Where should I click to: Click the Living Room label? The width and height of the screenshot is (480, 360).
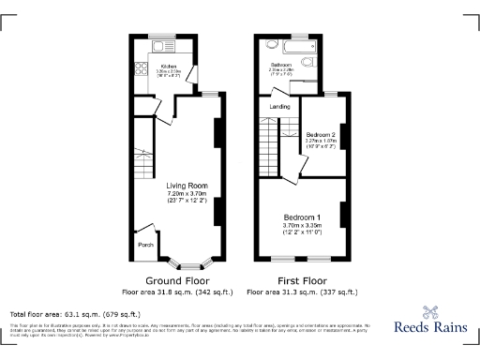[174, 186]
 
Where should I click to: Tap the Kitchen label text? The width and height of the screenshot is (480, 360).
[170, 67]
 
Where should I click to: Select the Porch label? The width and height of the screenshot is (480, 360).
[145, 245]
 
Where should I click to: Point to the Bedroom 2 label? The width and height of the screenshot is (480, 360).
[320, 134]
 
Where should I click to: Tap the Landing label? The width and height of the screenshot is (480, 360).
[279, 107]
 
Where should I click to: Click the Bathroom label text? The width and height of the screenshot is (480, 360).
[281, 65]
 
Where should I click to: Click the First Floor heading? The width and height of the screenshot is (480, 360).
[303, 280]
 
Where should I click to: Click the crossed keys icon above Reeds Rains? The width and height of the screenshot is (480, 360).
[430, 313]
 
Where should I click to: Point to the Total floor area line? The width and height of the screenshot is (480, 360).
[75, 313]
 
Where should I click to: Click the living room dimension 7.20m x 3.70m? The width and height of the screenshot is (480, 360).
[174, 194]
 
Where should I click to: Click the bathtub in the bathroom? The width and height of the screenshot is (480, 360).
[292, 45]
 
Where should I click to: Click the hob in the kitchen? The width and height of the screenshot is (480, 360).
[142, 67]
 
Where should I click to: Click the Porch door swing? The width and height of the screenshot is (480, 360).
[145, 230]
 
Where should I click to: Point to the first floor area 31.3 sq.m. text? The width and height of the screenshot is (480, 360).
[303, 291]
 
